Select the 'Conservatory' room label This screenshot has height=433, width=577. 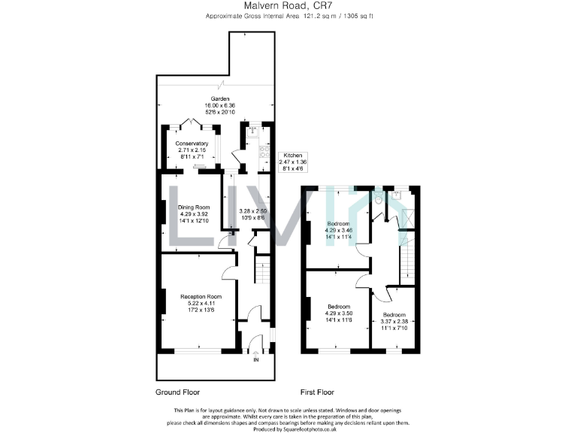click(x=192, y=144)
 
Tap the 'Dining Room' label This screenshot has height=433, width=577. click(x=194, y=207)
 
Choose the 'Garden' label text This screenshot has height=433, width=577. click(x=220, y=98)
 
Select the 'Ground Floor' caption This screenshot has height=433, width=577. click(x=178, y=392)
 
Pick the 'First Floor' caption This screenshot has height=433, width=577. click(x=318, y=392)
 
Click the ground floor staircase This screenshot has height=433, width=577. click(x=262, y=268)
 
